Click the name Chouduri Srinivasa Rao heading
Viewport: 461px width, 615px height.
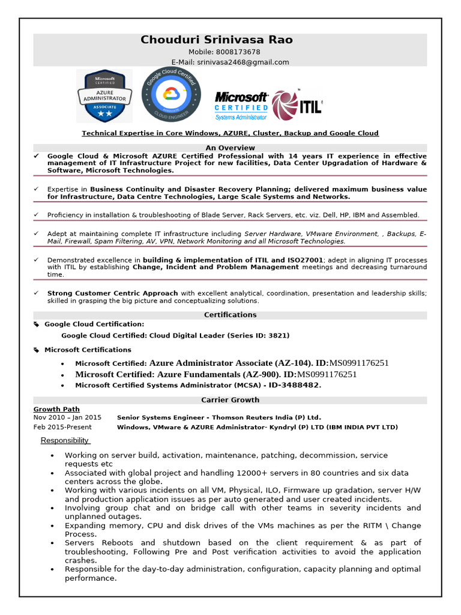[x=217, y=40]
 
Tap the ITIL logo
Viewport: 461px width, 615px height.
[x=297, y=106]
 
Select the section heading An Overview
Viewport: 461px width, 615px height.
[x=230, y=148]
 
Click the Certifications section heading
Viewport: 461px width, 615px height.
[x=230, y=315]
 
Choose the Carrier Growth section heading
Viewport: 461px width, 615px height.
[x=230, y=400]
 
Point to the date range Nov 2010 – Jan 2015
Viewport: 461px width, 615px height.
[x=67, y=417]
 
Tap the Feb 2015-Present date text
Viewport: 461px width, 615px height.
[x=62, y=427]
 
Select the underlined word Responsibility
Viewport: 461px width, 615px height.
[x=65, y=441]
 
